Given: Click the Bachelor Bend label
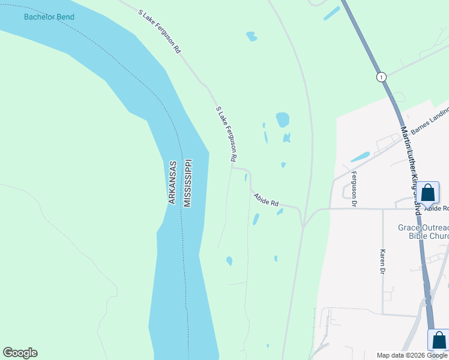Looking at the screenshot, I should tap(49, 17).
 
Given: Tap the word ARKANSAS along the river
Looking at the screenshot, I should tap(172, 182).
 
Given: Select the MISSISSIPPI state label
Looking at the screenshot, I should tap(187, 183).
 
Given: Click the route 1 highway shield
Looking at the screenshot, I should tap(381, 77).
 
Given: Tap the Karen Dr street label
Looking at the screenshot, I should tap(382, 262).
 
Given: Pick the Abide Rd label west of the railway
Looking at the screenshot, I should tap(266, 199).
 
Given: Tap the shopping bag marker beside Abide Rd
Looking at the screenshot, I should tap(428, 194).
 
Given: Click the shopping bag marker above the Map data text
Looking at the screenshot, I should tap(438, 340).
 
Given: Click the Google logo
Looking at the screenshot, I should tap(20, 353).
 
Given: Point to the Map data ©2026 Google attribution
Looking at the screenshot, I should tap(412, 355).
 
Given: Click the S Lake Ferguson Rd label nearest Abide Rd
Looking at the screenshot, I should tap(226, 134).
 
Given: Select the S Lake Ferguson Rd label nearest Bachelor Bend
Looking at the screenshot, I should tap(159, 32).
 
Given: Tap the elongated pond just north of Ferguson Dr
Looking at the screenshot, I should tap(360, 157).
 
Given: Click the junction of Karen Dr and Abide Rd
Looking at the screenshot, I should tap(383, 209).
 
